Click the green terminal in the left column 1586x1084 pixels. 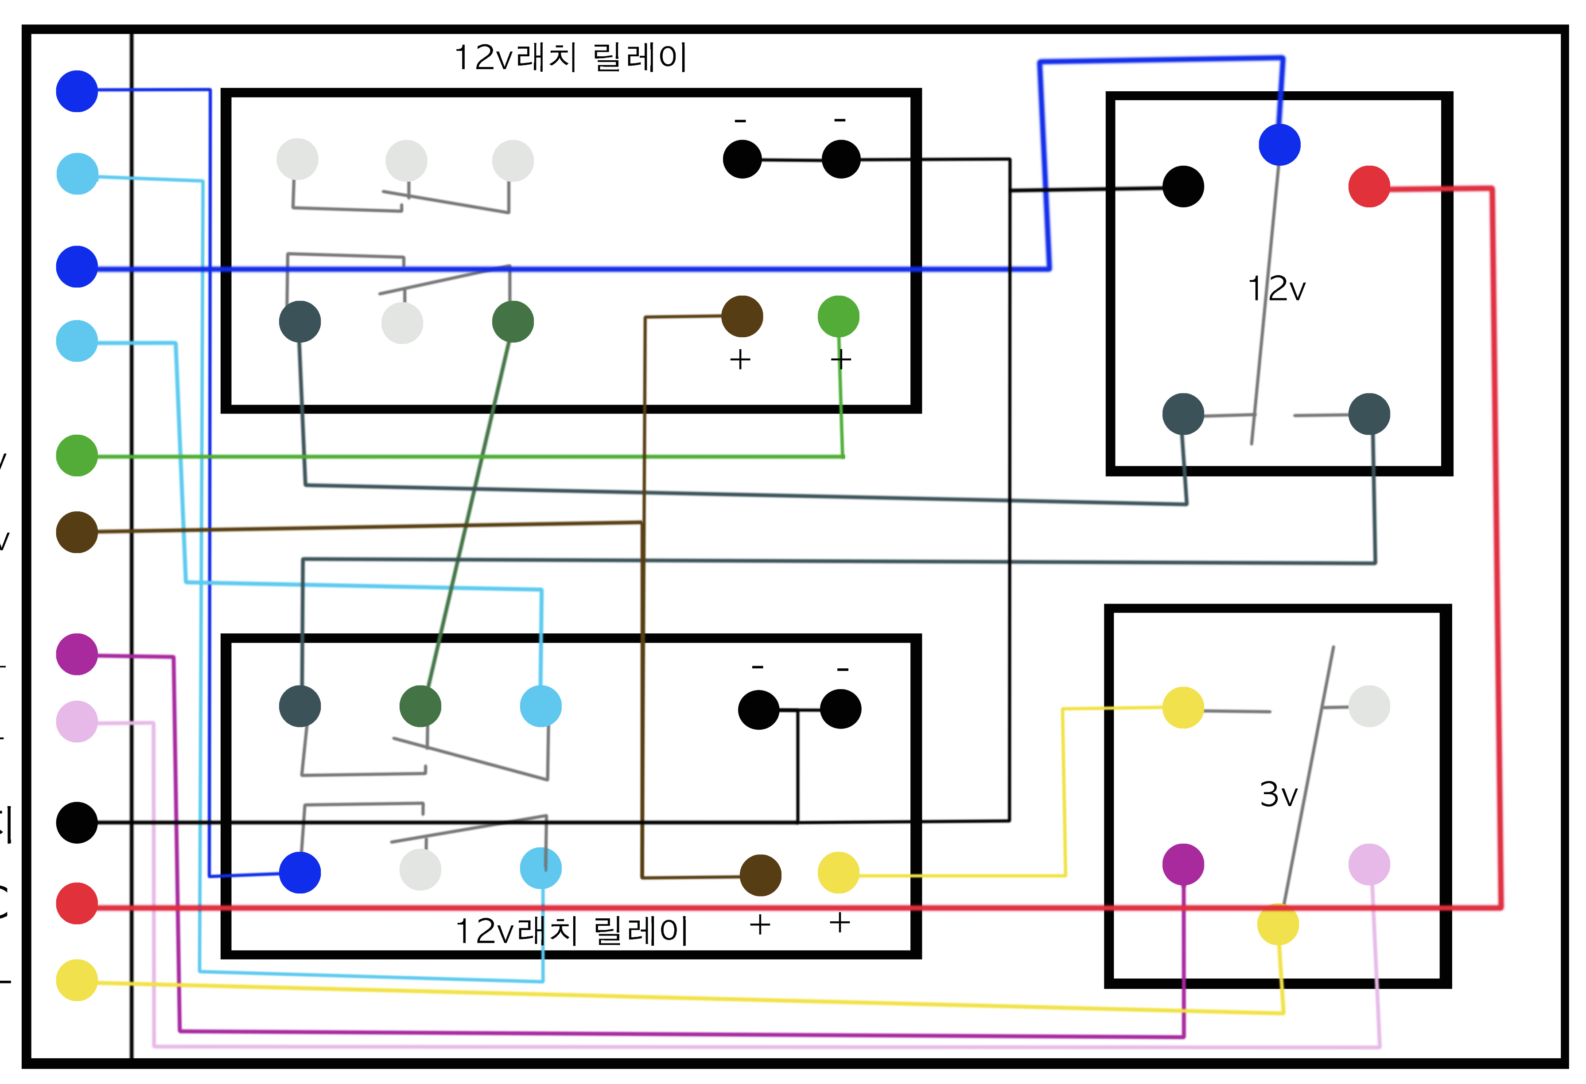coord(77,455)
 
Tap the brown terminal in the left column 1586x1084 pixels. coord(77,532)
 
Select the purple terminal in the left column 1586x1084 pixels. coord(77,654)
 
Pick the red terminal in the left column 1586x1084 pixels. coord(77,903)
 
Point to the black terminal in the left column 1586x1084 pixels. coord(77,823)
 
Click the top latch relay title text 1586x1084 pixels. coord(571,57)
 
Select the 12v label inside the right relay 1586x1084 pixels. coord(1276,289)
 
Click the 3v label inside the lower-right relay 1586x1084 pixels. coord(1278,795)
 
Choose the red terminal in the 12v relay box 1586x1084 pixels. coord(1369,187)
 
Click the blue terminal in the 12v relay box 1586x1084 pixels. coord(1279,145)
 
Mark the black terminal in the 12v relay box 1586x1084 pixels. coord(1183,187)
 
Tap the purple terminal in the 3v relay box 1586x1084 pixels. coord(1183,864)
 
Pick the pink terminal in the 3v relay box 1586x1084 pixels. coord(1369,864)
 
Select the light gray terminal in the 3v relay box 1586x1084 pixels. coord(1369,706)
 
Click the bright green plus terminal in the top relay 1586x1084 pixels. coord(838,316)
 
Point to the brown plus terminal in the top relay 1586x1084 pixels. coord(742,316)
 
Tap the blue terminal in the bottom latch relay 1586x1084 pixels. coord(299,873)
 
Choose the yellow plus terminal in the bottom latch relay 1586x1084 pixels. coord(838,873)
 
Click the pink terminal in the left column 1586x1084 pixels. coord(77,721)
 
